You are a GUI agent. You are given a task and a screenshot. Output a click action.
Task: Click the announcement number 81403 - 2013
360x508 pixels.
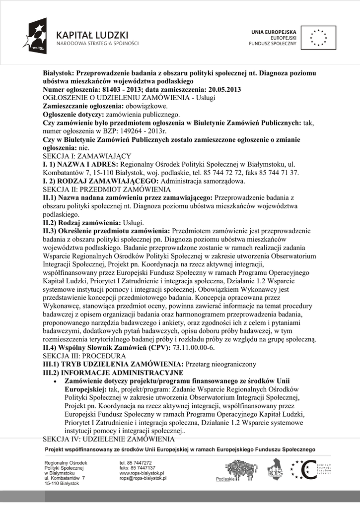[x=123, y=89]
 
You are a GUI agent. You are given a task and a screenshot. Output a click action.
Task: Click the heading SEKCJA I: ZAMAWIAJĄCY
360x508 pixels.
[x=87, y=156]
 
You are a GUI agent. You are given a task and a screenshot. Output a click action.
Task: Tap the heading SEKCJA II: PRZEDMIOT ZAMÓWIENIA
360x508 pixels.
[x=107, y=190]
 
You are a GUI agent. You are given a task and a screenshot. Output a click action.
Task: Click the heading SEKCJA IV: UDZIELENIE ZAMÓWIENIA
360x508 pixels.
[x=109, y=439]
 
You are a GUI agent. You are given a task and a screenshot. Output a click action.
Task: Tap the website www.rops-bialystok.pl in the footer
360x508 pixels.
[x=142, y=473]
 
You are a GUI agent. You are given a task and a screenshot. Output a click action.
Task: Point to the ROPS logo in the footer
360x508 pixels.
[x=275, y=469]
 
